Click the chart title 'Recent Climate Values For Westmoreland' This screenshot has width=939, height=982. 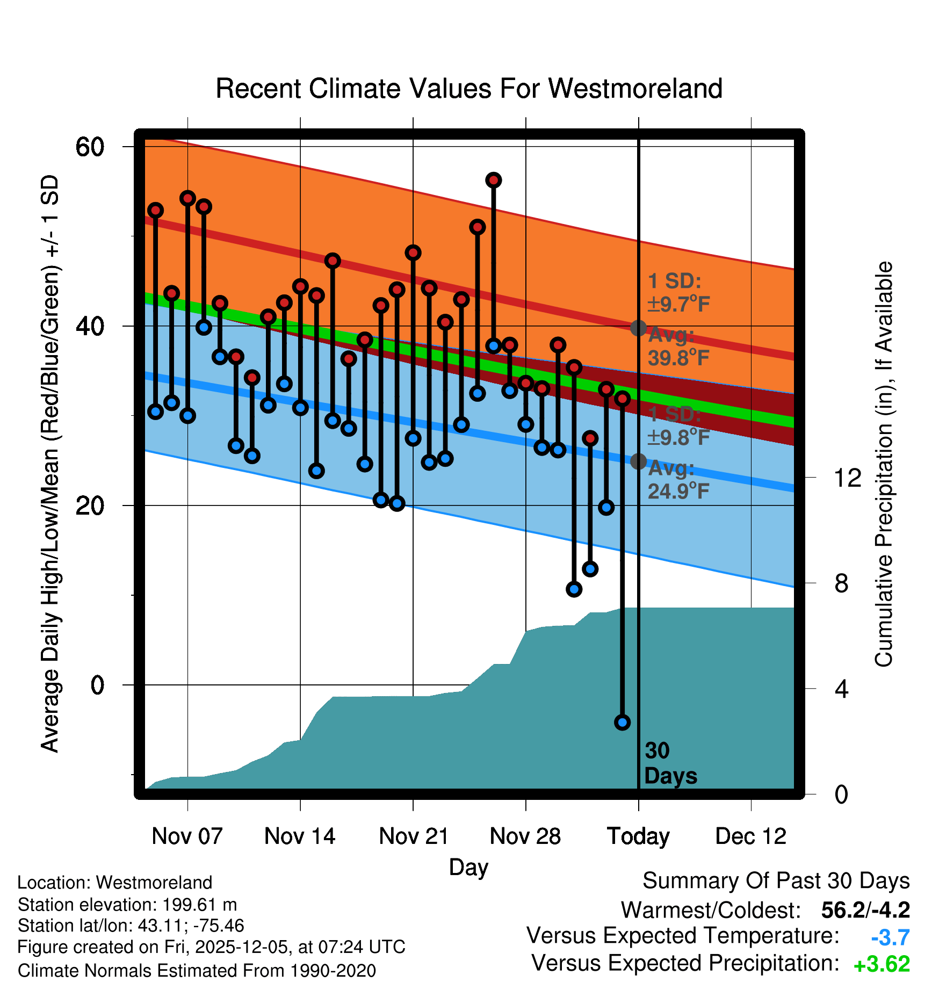[468, 89]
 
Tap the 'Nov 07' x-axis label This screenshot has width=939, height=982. [187, 836]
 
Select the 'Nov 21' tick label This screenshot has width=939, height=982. [414, 836]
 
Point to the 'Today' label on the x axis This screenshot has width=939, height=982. [638, 836]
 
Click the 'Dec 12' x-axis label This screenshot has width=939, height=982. [750, 836]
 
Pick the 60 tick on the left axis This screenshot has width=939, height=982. [90, 147]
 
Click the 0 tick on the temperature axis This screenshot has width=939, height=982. [97, 685]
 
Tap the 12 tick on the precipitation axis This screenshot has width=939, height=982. [847, 478]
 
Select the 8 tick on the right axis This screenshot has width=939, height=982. [841, 583]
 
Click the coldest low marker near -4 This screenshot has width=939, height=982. [622, 723]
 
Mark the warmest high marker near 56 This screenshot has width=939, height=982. [494, 180]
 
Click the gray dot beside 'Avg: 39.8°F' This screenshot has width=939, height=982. [638, 328]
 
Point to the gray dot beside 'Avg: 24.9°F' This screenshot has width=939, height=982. [638, 461]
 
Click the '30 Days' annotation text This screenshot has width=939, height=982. [670, 763]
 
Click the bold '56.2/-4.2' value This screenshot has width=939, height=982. [865, 910]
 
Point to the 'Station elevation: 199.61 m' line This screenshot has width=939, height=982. [127, 905]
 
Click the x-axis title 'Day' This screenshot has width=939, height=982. [468, 867]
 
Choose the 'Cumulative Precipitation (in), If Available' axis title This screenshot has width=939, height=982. [884, 464]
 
